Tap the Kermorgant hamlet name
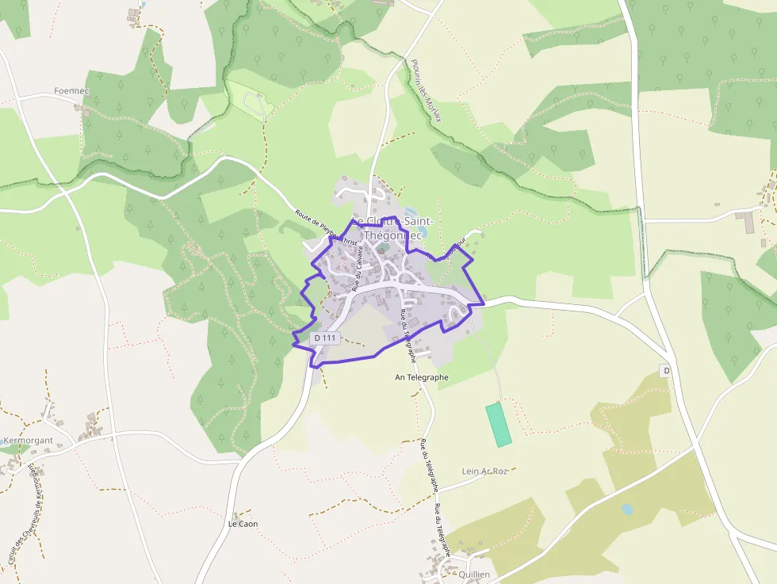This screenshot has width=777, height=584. pyautogui.click(x=29, y=440)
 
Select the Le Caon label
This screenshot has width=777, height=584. pyautogui.click(x=243, y=524)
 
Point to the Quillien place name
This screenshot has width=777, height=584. pyautogui.click(x=473, y=574)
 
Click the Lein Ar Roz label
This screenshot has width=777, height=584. pyautogui.click(x=484, y=471)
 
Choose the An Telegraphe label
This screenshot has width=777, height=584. pyautogui.click(x=422, y=377)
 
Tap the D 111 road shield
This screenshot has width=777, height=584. pyautogui.click(x=326, y=338)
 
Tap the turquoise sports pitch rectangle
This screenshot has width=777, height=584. pyautogui.click(x=499, y=424)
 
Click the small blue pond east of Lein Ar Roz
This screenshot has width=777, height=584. pyautogui.click(x=627, y=510)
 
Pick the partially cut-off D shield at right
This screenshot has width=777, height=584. pyautogui.click(x=665, y=371)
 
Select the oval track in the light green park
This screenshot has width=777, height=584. pyautogui.click(x=255, y=102)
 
